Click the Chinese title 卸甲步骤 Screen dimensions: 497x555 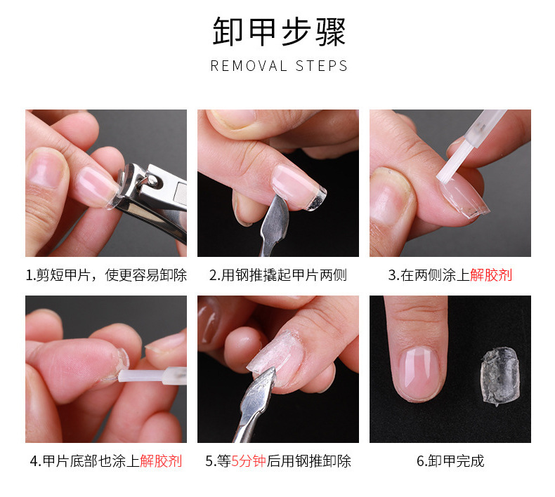coord(279,32)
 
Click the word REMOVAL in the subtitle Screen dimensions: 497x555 coord(249,66)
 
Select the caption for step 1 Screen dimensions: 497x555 coord(106,275)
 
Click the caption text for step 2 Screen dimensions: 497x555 coord(277,275)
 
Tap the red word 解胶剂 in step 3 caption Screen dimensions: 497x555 coord(491,275)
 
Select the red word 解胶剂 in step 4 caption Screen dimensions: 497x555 coord(161,461)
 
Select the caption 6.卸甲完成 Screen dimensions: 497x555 coord(450,461)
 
